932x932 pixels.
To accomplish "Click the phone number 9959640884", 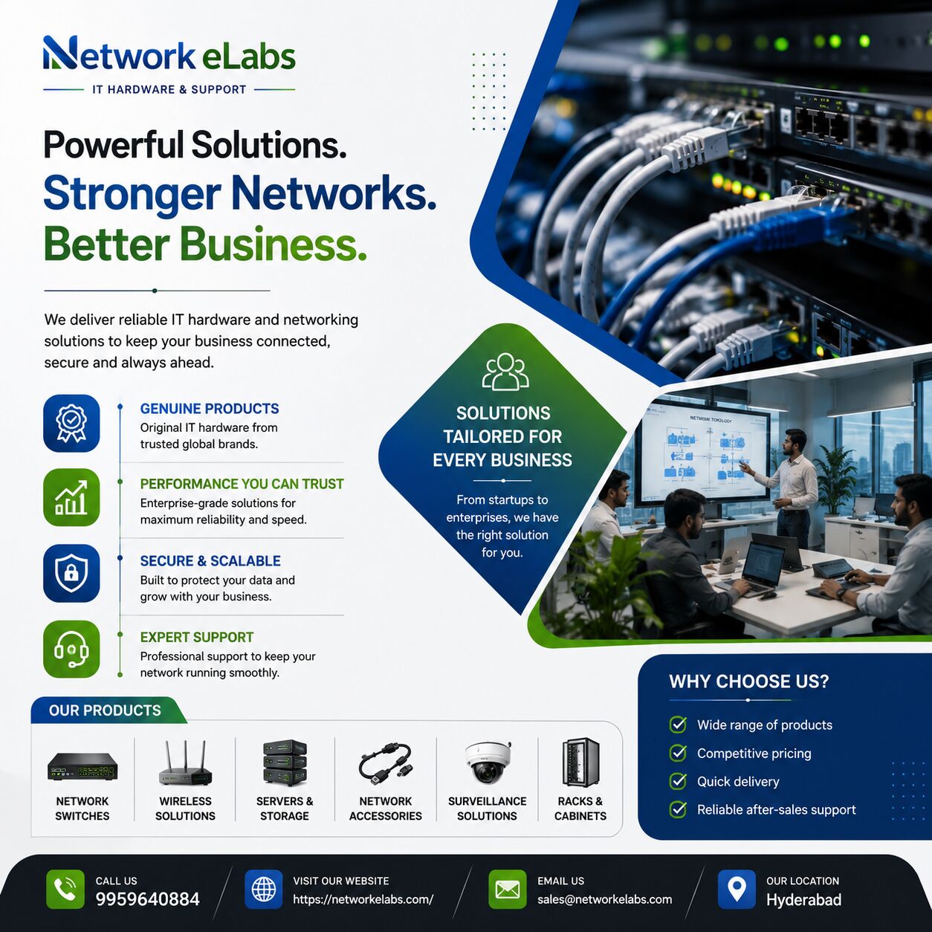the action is [x=147, y=899].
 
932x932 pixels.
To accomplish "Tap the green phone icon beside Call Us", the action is [x=65, y=890].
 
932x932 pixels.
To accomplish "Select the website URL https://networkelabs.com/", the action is [x=363, y=899].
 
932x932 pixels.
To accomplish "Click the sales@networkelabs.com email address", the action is [x=604, y=899].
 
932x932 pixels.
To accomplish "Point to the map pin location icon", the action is [x=737, y=890].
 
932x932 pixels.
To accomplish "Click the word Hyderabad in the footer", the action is [x=804, y=899].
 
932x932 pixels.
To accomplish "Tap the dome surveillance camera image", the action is [x=488, y=761].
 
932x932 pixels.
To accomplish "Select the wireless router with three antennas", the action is [x=185, y=763].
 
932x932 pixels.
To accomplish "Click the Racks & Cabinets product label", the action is [x=580, y=808].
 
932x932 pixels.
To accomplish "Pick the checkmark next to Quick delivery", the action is [x=678, y=781].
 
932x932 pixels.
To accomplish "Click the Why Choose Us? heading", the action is [x=748, y=682].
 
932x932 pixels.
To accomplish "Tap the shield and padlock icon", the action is [x=71, y=573].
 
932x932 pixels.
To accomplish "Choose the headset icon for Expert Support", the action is [x=71, y=649].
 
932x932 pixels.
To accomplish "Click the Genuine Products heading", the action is [x=210, y=409].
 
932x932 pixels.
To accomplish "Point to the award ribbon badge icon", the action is [x=71, y=423].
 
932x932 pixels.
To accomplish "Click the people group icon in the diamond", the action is [x=505, y=372].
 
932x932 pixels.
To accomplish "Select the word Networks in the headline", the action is [x=334, y=193].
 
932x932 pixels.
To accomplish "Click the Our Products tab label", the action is [x=105, y=711].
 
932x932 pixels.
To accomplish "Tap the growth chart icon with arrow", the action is [x=71, y=498].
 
